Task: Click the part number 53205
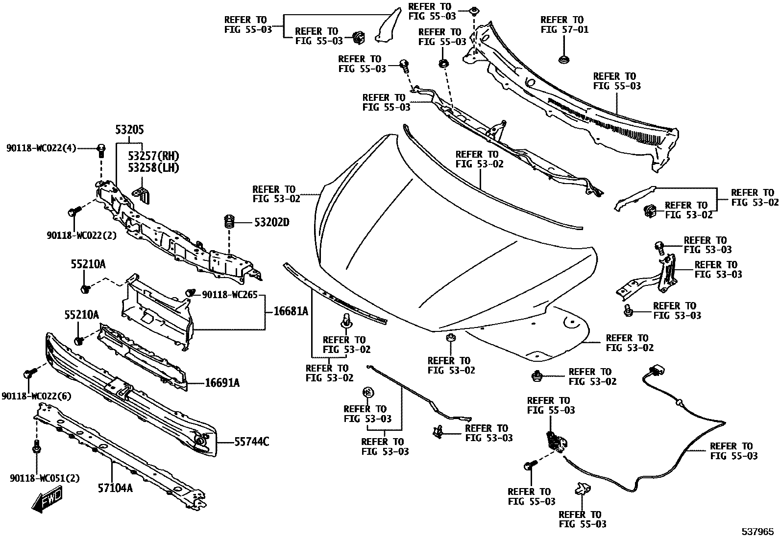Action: (x=130, y=130)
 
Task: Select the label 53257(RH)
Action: (x=153, y=156)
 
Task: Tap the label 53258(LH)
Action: (x=153, y=167)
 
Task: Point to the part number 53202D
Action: (x=271, y=223)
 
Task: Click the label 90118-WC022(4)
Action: (x=41, y=148)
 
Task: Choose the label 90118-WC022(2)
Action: (x=82, y=235)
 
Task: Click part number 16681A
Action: (x=288, y=311)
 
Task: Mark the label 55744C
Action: (x=251, y=442)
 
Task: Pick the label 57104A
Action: (x=115, y=488)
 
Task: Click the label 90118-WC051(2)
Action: (x=45, y=478)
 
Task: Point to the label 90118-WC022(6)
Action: (x=36, y=396)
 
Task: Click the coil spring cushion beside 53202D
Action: (x=228, y=223)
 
